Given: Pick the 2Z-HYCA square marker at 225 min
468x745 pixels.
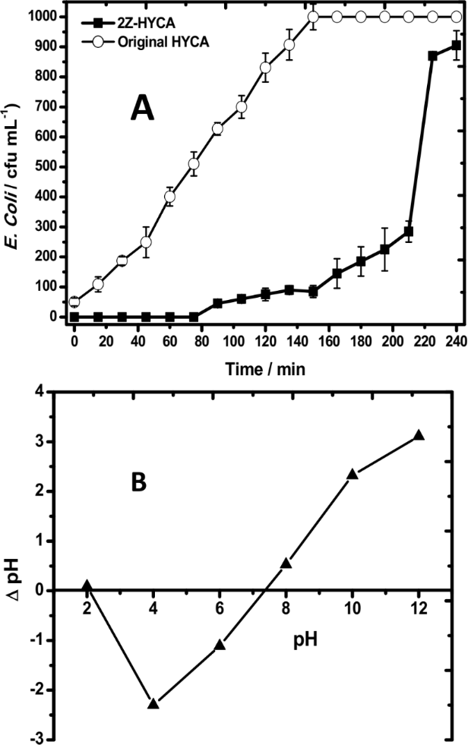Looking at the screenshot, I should pyautogui.click(x=432, y=55).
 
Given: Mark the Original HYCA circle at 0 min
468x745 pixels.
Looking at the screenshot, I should pyautogui.click(x=74, y=301).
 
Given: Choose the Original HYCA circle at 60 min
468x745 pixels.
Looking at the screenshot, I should pyautogui.click(x=170, y=197).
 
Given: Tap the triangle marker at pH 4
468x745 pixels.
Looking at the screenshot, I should pyautogui.click(x=153, y=704).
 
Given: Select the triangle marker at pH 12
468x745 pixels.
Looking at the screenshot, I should pyautogui.click(x=419, y=435).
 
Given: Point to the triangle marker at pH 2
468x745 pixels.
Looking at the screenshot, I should pyautogui.click(x=87, y=586).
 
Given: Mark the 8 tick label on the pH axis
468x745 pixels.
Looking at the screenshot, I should pyautogui.click(x=286, y=608).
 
